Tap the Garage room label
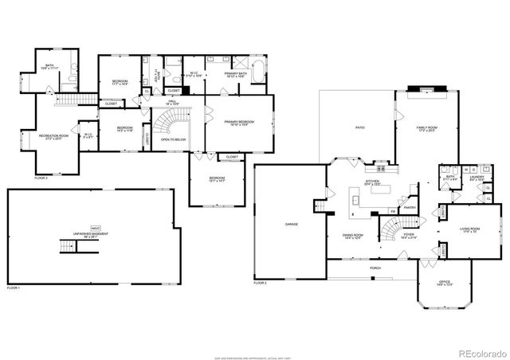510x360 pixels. [x=292, y=225]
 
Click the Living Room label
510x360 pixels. [x=471, y=232]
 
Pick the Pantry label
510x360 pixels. [x=411, y=206]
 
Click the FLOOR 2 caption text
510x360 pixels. [x=261, y=284]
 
